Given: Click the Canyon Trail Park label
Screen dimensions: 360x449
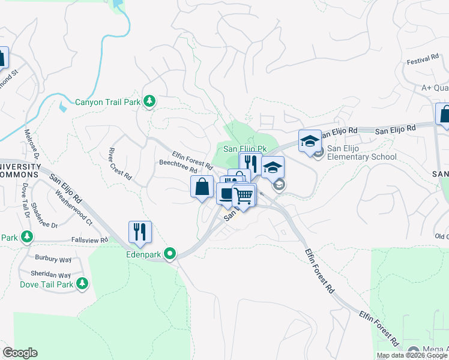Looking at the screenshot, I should point(107,102).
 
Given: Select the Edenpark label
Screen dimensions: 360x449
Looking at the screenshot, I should point(144,254).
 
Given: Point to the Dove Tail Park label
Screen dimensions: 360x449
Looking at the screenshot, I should point(46,284).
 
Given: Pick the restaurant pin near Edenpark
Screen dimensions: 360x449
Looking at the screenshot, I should point(140,232).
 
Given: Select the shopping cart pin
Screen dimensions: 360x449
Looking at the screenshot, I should point(244,196).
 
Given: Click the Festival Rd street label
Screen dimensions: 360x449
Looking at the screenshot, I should point(423,60).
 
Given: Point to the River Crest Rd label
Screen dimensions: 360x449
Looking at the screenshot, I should point(120,163).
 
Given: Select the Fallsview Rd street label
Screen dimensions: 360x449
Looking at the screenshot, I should point(89,240).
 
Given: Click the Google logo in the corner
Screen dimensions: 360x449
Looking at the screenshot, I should point(20,353).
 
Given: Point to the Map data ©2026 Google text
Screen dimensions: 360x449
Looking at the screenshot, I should point(412,355).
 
